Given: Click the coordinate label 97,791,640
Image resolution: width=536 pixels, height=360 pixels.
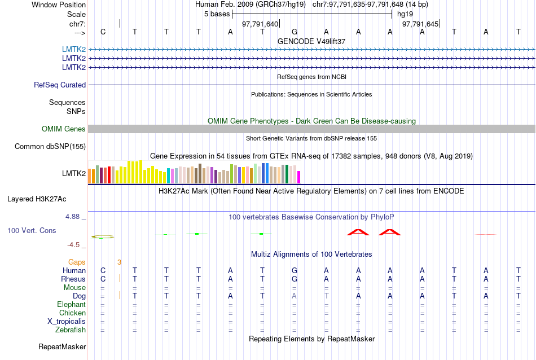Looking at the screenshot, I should [x=260, y=24].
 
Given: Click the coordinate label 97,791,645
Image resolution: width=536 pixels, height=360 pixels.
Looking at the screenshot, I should [x=420, y=24].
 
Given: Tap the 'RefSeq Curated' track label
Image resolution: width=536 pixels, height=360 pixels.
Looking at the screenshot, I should [x=60, y=85].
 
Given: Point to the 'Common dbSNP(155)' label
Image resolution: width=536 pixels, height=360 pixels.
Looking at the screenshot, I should [x=50, y=147].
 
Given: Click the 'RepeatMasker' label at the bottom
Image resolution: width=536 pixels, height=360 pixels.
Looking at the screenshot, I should [x=62, y=346].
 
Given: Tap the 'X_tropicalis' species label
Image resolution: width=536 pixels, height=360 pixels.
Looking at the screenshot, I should [x=67, y=322].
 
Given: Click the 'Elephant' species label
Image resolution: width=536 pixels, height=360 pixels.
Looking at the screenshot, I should [x=72, y=305].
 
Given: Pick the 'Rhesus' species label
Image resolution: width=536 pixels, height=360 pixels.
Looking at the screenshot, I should [x=73, y=279].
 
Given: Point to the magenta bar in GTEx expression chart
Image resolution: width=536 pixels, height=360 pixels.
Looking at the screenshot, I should [x=299, y=177].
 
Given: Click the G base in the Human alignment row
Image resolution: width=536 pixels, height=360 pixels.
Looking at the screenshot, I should [x=295, y=271].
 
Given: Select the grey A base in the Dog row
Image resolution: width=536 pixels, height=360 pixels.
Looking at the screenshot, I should [x=294, y=296].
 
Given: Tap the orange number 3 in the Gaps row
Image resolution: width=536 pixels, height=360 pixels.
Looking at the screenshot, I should [x=119, y=262].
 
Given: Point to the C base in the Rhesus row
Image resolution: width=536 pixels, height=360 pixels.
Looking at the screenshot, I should [x=103, y=279].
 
